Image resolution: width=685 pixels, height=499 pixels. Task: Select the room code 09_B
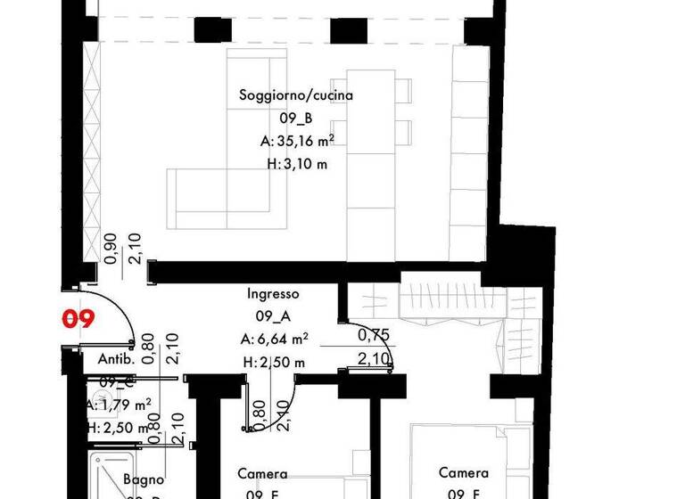click(296, 119)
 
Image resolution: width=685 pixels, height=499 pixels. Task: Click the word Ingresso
click(272, 293)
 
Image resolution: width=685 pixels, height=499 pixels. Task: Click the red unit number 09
click(77, 319)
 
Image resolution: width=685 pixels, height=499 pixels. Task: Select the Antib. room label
click(116, 360)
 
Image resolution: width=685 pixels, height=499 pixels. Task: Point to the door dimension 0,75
click(374, 336)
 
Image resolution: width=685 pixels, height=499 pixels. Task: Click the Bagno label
click(144, 479)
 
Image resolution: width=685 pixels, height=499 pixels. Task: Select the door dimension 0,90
click(111, 249)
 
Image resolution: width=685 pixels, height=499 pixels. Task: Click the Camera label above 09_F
click(464, 473)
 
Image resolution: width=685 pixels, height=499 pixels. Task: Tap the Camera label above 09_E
click(262, 473)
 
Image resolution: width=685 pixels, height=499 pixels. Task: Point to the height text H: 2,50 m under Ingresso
click(273, 362)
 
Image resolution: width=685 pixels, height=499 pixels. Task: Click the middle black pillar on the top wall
click(348, 30)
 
